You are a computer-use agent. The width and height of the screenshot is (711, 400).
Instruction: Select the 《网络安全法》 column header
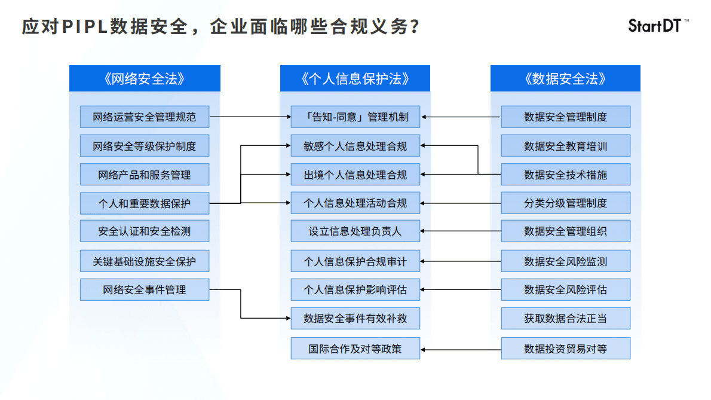coord(144,78)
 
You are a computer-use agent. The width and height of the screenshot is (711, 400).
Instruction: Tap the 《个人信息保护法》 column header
coord(355,78)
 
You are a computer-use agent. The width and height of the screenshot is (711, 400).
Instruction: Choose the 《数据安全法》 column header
coord(565,78)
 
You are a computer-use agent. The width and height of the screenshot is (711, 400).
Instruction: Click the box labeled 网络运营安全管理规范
coord(144,117)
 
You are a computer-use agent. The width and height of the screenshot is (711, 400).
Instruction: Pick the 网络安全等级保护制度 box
coord(144,146)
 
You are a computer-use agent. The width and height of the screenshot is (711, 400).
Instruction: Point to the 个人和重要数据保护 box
coord(144,203)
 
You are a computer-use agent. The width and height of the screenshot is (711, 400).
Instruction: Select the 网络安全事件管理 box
coord(144,290)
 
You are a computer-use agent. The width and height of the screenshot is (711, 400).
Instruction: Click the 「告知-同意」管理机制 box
coord(355,117)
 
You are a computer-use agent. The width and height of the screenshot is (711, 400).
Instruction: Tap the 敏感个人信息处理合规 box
coord(355,146)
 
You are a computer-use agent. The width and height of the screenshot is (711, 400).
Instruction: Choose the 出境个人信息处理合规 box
coord(355,175)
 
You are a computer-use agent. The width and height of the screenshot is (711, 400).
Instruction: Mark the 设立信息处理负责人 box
coord(355,231)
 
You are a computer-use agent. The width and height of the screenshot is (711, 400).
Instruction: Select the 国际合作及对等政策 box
coord(355,349)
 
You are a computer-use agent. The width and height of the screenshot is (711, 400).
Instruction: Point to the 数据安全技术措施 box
coord(565,175)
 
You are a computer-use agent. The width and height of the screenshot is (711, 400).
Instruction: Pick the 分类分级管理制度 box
coord(565,203)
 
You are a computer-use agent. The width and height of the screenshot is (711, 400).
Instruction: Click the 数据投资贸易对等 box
coord(565,349)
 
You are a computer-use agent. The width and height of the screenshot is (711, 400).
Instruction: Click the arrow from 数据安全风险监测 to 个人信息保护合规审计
coord(460,261)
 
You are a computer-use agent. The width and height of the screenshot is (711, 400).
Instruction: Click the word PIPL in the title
coord(84,27)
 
